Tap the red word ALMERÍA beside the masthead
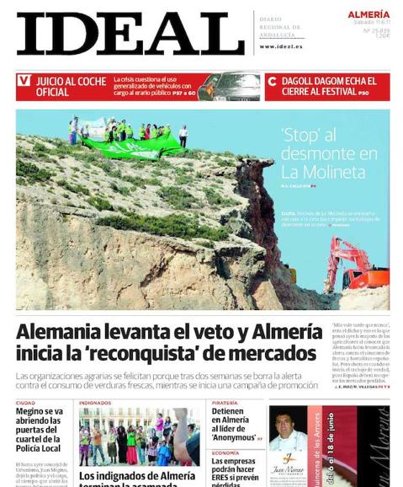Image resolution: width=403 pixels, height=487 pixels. pos(369,14)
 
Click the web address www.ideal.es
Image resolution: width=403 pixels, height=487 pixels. pos(282,46)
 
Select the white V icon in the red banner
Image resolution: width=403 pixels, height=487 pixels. pos(24,81)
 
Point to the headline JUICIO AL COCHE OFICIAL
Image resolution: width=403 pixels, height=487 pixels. pos(71,87)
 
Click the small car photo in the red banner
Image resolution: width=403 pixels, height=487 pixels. pos(229,86)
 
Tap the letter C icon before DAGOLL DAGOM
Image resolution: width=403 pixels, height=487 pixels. pos(272,82)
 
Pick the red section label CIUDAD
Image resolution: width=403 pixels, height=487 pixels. pos(26,403)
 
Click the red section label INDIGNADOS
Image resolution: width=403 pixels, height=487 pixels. pos(95,403)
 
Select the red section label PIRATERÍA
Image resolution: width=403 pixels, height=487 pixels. pos(225,403)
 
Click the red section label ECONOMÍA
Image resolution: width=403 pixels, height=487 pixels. pos(225,452)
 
